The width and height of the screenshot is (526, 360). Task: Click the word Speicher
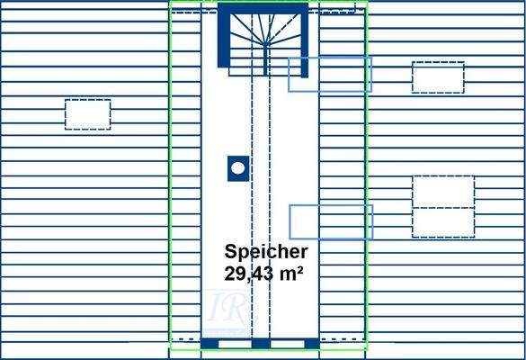pyautogui.click(x=266, y=252)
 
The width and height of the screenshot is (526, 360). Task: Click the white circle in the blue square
pyautogui.click(x=237, y=167)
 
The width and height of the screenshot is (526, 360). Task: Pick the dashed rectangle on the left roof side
pyautogui.click(x=88, y=114)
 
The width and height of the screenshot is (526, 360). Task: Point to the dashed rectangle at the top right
pyautogui.click(x=438, y=77)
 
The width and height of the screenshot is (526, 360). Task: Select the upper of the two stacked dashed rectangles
pyautogui.click(x=442, y=192)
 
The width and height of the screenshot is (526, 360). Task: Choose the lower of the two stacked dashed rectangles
pyautogui.click(x=442, y=222)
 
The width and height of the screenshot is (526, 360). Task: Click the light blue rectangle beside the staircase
pyautogui.click(x=329, y=74)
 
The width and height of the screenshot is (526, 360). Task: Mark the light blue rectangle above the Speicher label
pyautogui.click(x=330, y=221)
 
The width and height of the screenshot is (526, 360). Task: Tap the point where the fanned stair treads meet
pyautogui.click(x=266, y=42)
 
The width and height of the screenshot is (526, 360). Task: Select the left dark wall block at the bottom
pyautogui.click(x=210, y=343)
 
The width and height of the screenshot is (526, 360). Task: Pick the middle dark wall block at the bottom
pyautogui.click(x=261, y=343)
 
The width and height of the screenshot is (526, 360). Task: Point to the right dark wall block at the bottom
pyautogui.click(x=311, y=343)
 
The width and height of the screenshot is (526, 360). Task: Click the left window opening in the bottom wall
pyautogui.click(x=235, y=343)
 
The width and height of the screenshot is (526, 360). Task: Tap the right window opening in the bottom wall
pyautogui.click(x=287, y=343)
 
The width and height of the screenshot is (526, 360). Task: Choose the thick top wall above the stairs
pyautogui.click(x=263, y=6)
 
